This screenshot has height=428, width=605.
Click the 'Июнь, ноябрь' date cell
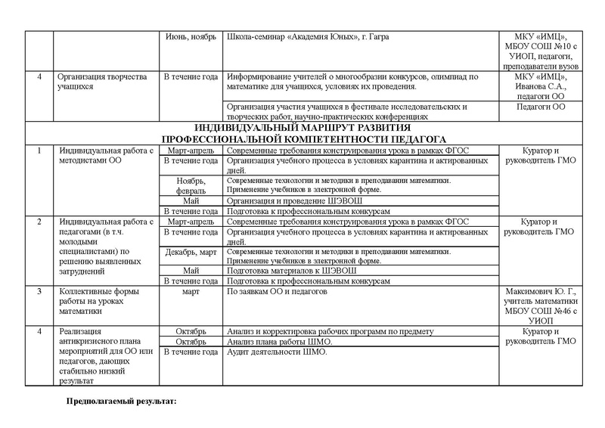191,37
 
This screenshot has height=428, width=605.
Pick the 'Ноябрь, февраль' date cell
191,187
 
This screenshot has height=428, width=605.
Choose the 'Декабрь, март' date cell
191,250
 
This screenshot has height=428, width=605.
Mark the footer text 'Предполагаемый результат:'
123,401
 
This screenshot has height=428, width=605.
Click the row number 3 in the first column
39,290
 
